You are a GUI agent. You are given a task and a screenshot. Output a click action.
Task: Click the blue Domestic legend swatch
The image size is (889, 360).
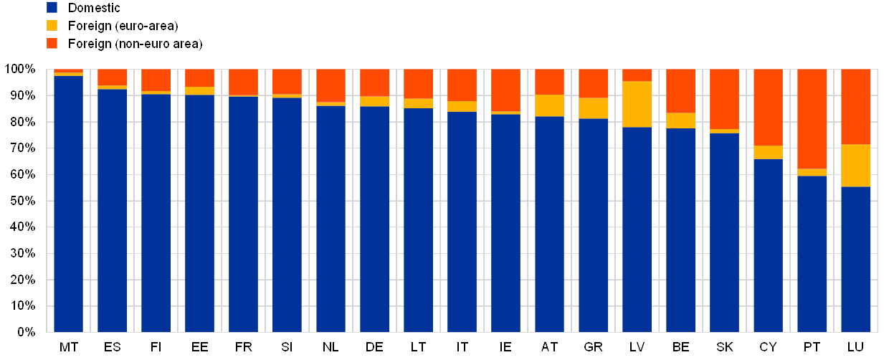52,8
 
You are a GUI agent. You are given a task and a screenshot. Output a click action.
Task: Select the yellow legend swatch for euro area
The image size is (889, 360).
52,26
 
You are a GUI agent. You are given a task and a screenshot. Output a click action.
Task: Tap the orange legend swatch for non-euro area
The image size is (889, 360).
52,44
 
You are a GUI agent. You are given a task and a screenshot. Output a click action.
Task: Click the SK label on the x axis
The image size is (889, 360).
725,348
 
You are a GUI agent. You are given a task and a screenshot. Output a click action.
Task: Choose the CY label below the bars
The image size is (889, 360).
769,348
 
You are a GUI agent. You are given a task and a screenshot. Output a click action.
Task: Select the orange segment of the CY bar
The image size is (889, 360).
769,107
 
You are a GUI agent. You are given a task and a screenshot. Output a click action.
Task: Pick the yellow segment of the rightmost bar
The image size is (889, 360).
856,165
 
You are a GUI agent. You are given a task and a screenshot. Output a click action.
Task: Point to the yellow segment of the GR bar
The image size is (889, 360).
594,108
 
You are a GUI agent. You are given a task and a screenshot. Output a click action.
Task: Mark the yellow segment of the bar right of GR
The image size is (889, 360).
637,104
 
